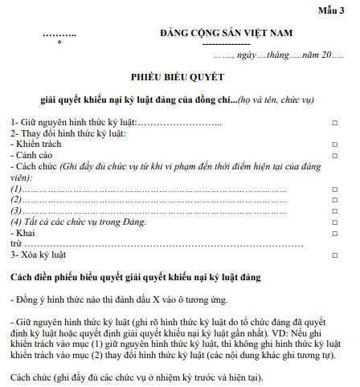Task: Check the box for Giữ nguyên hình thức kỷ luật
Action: (334, 122)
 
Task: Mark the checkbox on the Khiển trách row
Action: (334, 144)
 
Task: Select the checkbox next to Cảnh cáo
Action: (334, 154)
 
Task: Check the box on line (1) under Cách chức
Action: (334, 188)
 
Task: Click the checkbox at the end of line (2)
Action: (334, 198)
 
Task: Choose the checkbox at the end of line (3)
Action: (334, 210)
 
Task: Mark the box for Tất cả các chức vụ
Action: (334, 220)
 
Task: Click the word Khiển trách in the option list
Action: (37, 143)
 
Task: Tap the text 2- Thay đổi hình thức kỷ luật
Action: (68, 132)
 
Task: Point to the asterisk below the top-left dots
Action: (59, 44)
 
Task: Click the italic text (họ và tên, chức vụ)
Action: (273, 101)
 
